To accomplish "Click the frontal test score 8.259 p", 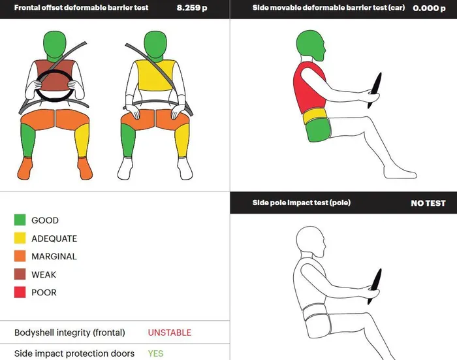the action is pos(192,8).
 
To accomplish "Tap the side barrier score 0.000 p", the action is pos(429,8).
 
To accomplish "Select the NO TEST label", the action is pos(428,203).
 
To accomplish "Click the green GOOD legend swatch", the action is pos(20,220).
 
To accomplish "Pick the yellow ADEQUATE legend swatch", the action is pos(20,238).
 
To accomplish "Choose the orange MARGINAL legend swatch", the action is pos(20,256).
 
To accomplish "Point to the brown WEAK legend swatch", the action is pos(20,274).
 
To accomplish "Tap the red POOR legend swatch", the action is pos(20,292).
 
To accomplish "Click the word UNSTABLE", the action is pos(170,333).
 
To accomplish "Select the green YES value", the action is pos(155,353).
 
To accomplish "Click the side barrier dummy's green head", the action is pos(310,45).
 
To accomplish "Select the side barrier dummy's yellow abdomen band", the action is pos(314,116).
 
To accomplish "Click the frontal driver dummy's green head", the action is pos(55,45).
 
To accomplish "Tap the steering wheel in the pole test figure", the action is pos(375,287).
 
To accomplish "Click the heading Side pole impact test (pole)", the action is pos(302,203).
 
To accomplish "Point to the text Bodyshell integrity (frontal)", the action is pos(70,333).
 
